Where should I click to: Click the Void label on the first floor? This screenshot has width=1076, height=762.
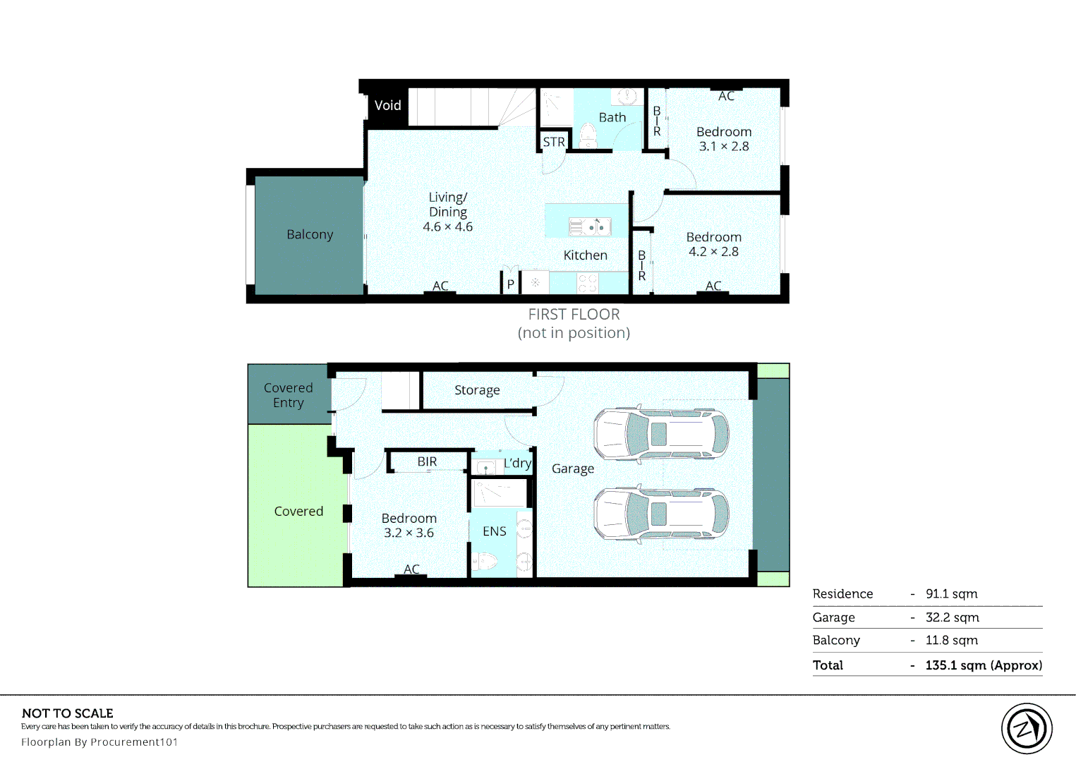(387, 105)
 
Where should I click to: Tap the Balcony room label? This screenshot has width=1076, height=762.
(310, 234)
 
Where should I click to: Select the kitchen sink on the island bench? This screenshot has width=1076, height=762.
(590, 226)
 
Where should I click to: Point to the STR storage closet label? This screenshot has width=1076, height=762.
(554, 143)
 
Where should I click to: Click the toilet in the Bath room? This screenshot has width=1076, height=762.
(588, 136)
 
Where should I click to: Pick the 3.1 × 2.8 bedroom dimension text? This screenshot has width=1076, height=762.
(724, 147)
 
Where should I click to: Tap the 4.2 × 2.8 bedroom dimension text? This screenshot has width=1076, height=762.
(714, 252)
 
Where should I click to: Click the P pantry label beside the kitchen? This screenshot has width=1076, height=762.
(511, 284)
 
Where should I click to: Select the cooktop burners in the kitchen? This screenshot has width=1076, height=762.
(588, 283)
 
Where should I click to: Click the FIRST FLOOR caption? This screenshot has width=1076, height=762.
(574, 314)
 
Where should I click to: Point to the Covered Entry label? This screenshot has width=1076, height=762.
(288, 395)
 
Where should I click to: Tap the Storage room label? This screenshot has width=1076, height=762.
(477, 390)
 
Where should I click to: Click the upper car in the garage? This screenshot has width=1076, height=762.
(661, 435)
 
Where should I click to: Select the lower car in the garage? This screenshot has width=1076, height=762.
(661, 514)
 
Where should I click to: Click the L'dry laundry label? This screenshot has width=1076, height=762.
(517, 463)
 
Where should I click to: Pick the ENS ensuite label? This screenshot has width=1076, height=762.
(495, 531)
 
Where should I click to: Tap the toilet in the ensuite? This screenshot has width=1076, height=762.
(483, 561)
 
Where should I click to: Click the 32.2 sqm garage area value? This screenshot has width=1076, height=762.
(952, 617)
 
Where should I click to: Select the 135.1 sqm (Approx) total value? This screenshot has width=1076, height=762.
(984, 665)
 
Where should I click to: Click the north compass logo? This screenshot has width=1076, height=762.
(1027, 729)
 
